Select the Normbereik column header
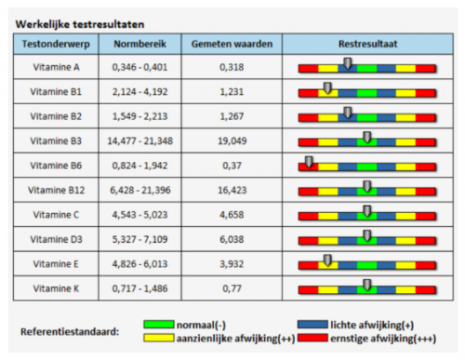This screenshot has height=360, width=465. click(137, 43)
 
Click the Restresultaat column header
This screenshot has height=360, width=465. click(366, 43)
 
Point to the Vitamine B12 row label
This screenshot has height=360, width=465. click(56, 189)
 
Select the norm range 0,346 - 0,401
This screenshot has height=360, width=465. click(137, 68)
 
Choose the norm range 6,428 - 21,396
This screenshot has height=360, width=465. click(137, 189)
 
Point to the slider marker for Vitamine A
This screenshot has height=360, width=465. click(348, 64)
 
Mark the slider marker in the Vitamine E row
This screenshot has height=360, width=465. click(327, 260)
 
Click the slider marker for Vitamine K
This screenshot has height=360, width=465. click(367, 285)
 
